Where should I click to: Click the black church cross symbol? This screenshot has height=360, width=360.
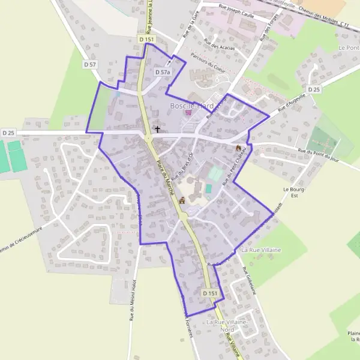pos(158,128)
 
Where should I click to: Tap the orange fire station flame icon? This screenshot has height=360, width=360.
pos(238,147)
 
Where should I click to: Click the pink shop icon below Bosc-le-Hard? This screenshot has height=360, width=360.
pos(188,113)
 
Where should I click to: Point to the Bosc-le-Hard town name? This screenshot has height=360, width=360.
pos(191,106)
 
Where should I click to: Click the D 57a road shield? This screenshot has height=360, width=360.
pos(163,72)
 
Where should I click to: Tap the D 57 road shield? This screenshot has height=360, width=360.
pos(90,64)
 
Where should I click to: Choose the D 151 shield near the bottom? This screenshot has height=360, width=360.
pos(209,293)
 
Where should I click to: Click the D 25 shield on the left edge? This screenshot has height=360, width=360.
pos(8,133)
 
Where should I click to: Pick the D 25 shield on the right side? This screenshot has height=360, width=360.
pos(314,89)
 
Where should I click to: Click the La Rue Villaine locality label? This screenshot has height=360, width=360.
pos(265,249)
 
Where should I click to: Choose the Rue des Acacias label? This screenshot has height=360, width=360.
pos(219,45)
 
